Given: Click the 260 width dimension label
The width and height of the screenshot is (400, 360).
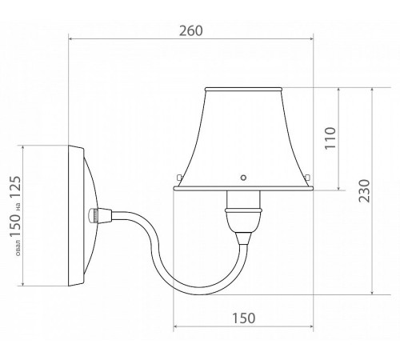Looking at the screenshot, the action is tap(191, 30).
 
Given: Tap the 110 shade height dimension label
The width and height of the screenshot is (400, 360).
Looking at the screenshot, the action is tap(330, 138).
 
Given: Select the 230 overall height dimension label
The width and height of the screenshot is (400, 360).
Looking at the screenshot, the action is tap(364, 191).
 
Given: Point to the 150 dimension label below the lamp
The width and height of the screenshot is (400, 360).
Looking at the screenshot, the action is tap(244, 318).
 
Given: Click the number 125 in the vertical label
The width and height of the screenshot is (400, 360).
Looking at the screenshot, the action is tap(15, 186).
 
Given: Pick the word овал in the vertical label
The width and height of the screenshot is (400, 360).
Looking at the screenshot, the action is tap(18, 247).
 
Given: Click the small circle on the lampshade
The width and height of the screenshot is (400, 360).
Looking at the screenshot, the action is tap(243, 178).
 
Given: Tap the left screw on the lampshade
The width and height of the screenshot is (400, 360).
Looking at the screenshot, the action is tap(179, 177).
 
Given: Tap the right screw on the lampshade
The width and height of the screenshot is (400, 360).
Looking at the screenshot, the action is tap(307, 177).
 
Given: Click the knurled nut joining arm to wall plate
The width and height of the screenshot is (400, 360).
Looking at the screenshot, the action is tap(94, 215).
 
